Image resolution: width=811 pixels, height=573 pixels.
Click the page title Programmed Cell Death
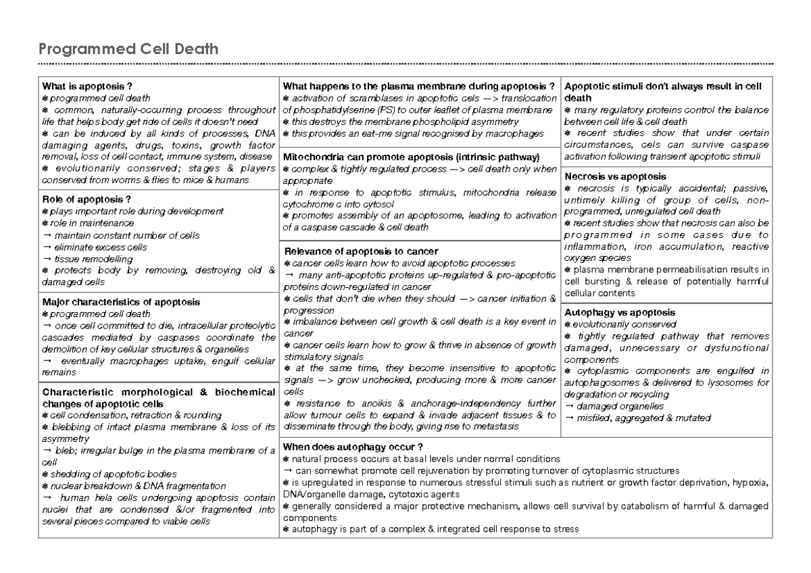(x=128, y=49)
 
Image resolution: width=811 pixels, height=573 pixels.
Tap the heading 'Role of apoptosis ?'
(x=86, y=199)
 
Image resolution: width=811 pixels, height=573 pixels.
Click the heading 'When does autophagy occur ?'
(x=353, y=447)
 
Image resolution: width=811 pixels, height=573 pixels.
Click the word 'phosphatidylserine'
(x=332, y=110)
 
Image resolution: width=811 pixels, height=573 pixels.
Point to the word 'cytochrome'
(x=308, y=203)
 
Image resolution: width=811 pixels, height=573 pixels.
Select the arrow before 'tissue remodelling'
(x=46, y=259)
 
